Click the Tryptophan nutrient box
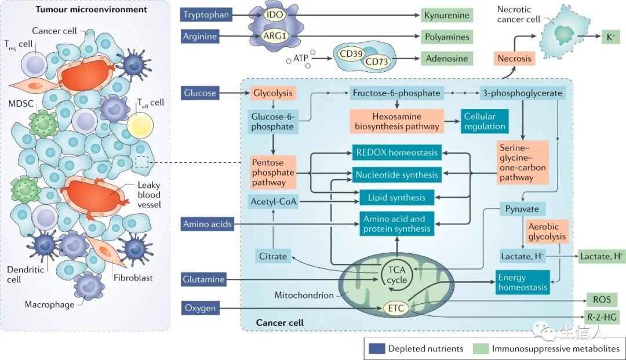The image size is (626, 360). [206, 15]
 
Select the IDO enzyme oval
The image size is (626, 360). [275, 15]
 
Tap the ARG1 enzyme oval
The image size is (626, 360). [275, 36]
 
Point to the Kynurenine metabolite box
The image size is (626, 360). [447, 15]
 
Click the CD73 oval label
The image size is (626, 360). [377, 61]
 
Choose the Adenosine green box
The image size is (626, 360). [447, 59]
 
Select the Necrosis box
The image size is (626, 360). [514, 59]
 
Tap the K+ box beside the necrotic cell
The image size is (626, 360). [611, 37]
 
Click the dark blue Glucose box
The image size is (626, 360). [200, 93]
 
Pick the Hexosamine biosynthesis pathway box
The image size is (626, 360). [397, 121]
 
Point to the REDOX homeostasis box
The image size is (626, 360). [397, 152]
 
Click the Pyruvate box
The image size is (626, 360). [522, 209]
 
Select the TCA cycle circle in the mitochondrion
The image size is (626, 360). [396, 275]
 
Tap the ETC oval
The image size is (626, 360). [396, 308]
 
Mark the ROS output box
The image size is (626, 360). [602, 299]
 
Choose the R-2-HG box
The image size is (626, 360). [602, 317]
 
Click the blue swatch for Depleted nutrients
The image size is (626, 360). [377, 349]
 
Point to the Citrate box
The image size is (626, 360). [273, 256]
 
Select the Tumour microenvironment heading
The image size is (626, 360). [92, 9]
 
